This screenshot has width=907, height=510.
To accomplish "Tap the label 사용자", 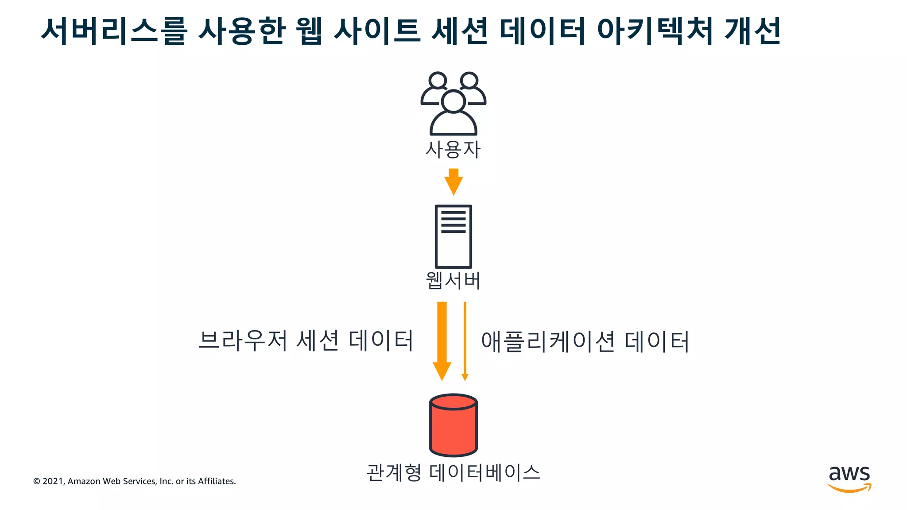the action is point(453,150).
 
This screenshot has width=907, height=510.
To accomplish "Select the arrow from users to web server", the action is point(453,182).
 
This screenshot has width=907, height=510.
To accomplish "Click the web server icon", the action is point(453,236).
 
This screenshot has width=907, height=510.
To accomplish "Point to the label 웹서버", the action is point(453,281).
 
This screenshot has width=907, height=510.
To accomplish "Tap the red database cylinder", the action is point(453,425).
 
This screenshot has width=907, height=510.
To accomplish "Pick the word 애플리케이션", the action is point(548,341).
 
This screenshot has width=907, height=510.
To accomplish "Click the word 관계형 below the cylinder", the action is point(394,472).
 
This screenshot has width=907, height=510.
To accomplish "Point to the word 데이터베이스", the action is point(485,472).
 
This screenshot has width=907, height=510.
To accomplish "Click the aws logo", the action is point(849,478).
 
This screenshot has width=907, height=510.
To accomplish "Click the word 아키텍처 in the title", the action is point(655,31).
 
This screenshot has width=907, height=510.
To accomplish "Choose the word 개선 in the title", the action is point(752,31).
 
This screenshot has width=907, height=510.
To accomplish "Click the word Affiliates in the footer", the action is point(217,481).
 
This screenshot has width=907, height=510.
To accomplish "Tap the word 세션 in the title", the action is point(460,31).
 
